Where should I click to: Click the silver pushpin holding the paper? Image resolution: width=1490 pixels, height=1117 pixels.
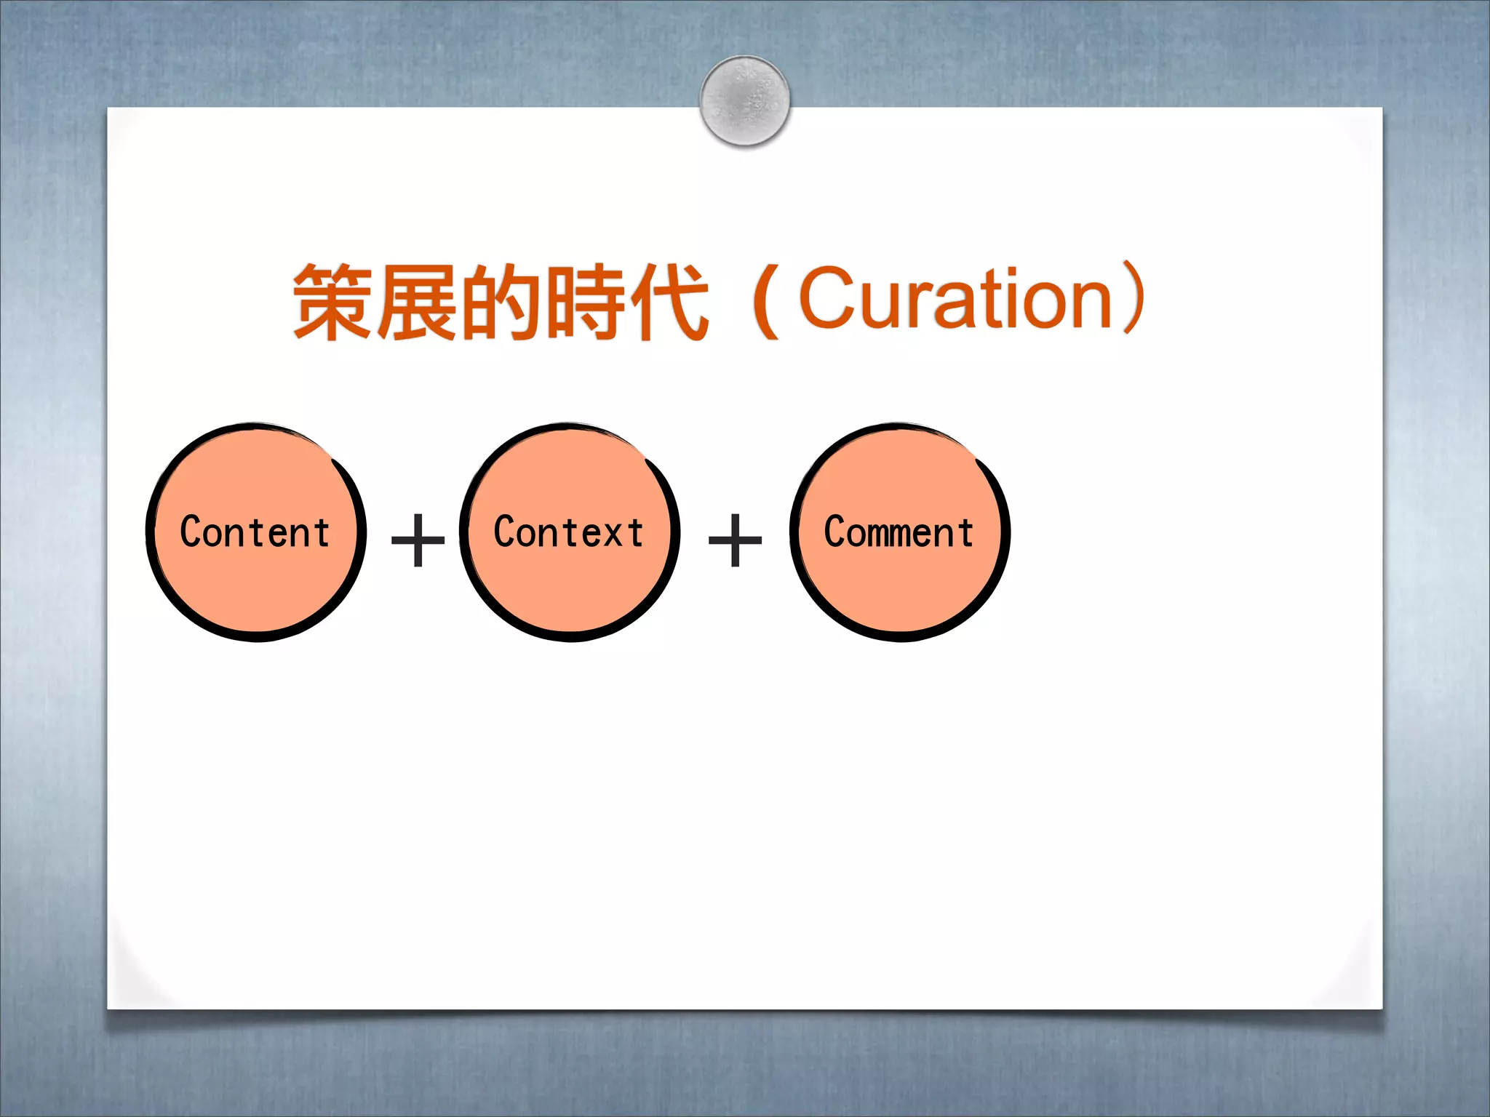point(745,100)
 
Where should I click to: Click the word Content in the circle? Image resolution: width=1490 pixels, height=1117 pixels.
point(255,532)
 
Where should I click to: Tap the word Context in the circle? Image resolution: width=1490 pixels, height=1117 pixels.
point(569,532)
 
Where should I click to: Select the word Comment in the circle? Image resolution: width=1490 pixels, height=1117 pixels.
point(899,532)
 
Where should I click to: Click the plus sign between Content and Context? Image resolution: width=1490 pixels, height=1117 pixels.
point(418,540)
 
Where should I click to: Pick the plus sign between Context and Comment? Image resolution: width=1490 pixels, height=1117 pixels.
point(735,540)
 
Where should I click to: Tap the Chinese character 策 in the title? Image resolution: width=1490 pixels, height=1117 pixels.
point(334,301)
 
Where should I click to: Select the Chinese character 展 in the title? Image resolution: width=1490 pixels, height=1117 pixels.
point(418,301)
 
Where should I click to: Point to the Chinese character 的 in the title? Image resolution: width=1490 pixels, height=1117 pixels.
point(502,301)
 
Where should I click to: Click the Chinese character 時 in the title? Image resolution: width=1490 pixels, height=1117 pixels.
point(586,301)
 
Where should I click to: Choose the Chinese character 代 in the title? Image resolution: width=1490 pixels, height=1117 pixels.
point(669,301)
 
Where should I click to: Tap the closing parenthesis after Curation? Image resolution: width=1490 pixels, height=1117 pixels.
point(1134,298)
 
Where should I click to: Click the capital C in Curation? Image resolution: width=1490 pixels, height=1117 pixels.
point(830,297)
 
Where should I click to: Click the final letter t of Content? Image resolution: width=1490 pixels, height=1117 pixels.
point(322,532)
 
